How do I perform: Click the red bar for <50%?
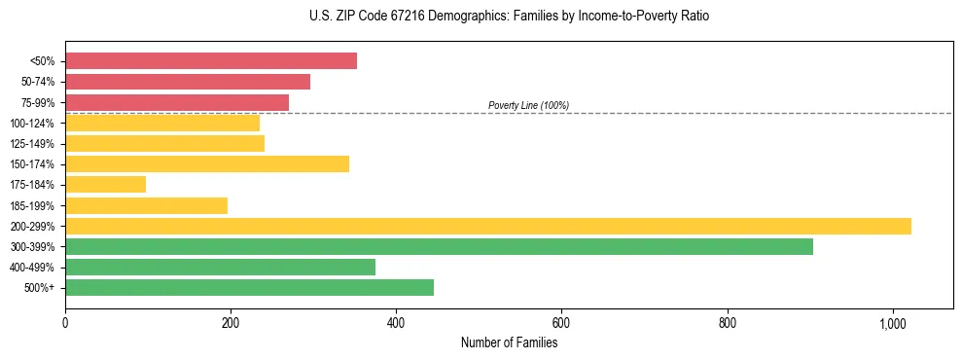click(x=210, y=61)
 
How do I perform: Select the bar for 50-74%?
click(x=187, y=82)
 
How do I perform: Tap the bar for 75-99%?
click(x=176, y=102)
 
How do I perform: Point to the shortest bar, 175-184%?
click(x=105, y=184)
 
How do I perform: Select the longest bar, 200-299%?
click(x=487, y=226)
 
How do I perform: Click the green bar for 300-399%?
click(x=439, y=246)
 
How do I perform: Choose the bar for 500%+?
click(x=249, y=287)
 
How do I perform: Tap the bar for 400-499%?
click(x=220, y=267)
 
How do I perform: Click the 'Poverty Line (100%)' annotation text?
click(x=528, y=105)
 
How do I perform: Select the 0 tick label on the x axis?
click(x=65, y=323)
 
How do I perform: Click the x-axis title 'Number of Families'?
click(x=509, y=342)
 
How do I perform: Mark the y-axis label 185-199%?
click(x=32, y=205)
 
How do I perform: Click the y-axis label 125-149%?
click(x=32, y=143)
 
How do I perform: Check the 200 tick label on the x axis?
click(x=231, y=323)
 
